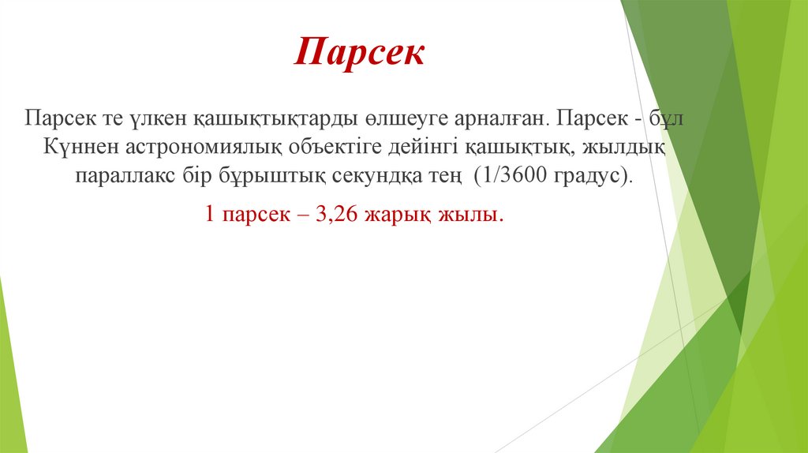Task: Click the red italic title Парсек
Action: tap(360, 53)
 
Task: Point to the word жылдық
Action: tap(636, 147)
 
